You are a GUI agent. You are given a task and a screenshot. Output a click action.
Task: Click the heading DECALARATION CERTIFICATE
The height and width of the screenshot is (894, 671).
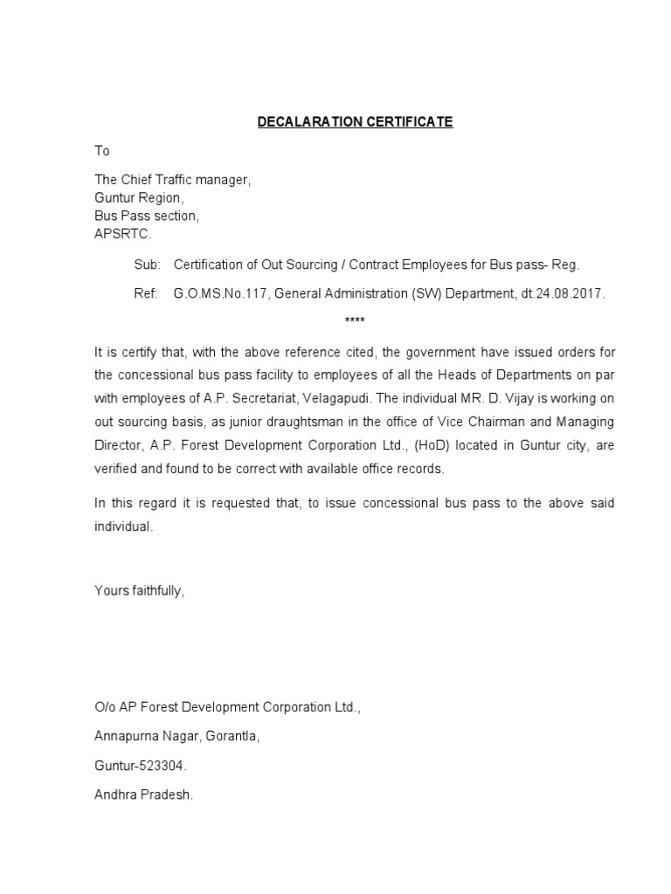(x=355, y=122)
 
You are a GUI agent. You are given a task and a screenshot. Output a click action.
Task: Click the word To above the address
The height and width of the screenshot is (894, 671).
(x=102, y=151)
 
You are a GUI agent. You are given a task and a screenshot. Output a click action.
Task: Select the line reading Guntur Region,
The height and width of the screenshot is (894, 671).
(x=139, y=197)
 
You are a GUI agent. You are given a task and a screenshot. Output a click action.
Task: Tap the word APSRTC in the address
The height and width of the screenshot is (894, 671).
(x=122, y=234)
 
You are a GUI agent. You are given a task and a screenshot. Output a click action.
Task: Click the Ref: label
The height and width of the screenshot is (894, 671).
(x=146, y=294)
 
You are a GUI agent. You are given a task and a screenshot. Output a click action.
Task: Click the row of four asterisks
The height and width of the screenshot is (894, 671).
(x=355, y=321)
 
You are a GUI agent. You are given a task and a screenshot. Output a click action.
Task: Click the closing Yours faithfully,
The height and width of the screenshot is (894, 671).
(x=140, y=591)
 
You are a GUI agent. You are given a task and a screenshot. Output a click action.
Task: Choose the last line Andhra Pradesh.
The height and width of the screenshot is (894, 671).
(x=143, y=796)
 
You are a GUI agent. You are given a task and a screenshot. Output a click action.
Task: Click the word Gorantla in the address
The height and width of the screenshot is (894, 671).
(x=233, y=737)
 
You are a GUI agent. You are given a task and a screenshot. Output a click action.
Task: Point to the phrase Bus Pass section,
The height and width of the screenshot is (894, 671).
(x=147, y=216)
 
